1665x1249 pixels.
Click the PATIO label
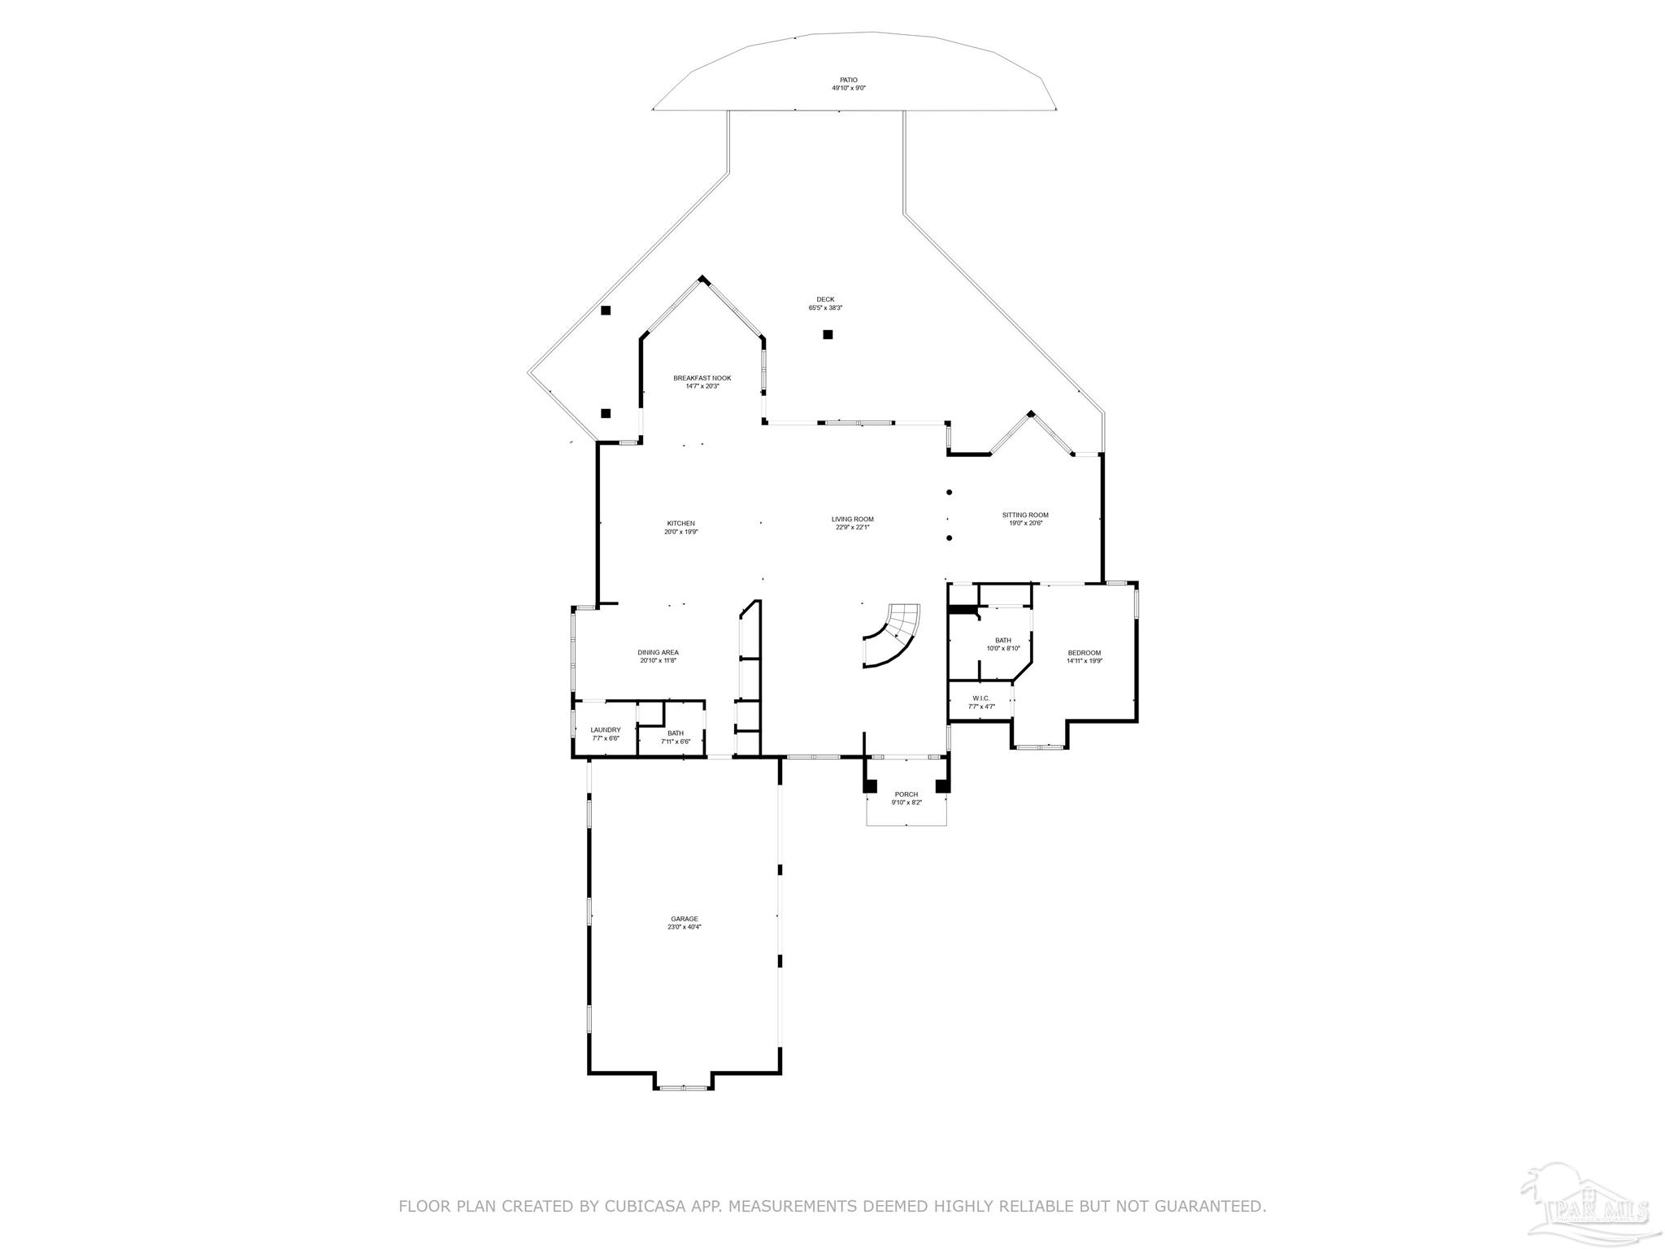coord(848,80)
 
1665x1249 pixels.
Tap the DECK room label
coord(825,299)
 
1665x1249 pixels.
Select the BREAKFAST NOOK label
coord(702,378)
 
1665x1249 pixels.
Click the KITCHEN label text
coord(680,523)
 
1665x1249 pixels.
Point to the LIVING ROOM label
coord(852,519)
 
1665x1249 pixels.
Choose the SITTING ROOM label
coord(1024,515)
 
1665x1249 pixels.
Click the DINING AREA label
coord(658,652)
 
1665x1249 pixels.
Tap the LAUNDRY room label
coord(605,729)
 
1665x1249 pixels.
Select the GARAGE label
coord(684,919)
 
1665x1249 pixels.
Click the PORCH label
coord(906,794)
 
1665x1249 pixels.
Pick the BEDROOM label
coord(1084,653)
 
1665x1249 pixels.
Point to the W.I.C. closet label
coord(980,698)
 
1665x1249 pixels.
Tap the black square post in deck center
coord(828,334)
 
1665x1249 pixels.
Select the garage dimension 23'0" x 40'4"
coord(684,927)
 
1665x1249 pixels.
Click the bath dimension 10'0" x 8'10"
coord(1002,648)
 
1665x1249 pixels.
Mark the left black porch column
coord(870,786)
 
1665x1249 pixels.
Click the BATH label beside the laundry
coord(675,733)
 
